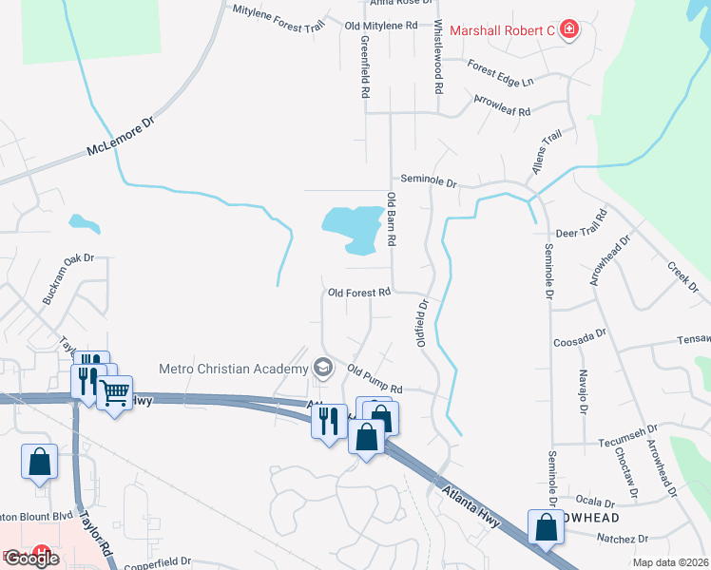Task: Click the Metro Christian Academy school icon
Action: (323, 368)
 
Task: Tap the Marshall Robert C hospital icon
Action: (569, 30)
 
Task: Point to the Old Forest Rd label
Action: (359, 293)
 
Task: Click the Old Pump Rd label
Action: (375, 379)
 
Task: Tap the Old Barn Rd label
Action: (391, 220)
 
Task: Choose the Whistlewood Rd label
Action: (438, 57)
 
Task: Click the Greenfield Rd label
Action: (364, 67)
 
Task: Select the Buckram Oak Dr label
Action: (69, 278)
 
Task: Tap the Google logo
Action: (32, 559)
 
